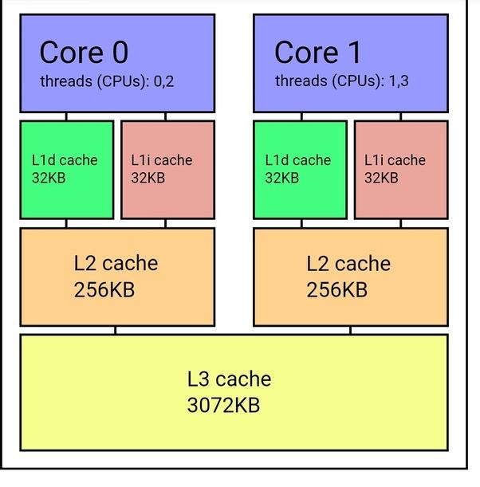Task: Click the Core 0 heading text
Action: (x=84, y=53)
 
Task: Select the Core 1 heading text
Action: (x=317, y=53)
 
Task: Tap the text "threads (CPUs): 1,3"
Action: (x=341, y=81)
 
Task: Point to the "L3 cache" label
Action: (x=229, y=379)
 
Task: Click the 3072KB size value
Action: (x=223, y=405)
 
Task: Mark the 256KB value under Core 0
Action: (x=104, y=289)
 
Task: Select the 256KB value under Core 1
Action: (x=337, y=289)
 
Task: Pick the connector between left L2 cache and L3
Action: (x=116, y=330)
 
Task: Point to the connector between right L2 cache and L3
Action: (x=350, y=330)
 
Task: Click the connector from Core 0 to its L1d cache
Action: (x=66, y=116)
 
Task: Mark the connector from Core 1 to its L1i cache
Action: (x=400, y=116)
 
